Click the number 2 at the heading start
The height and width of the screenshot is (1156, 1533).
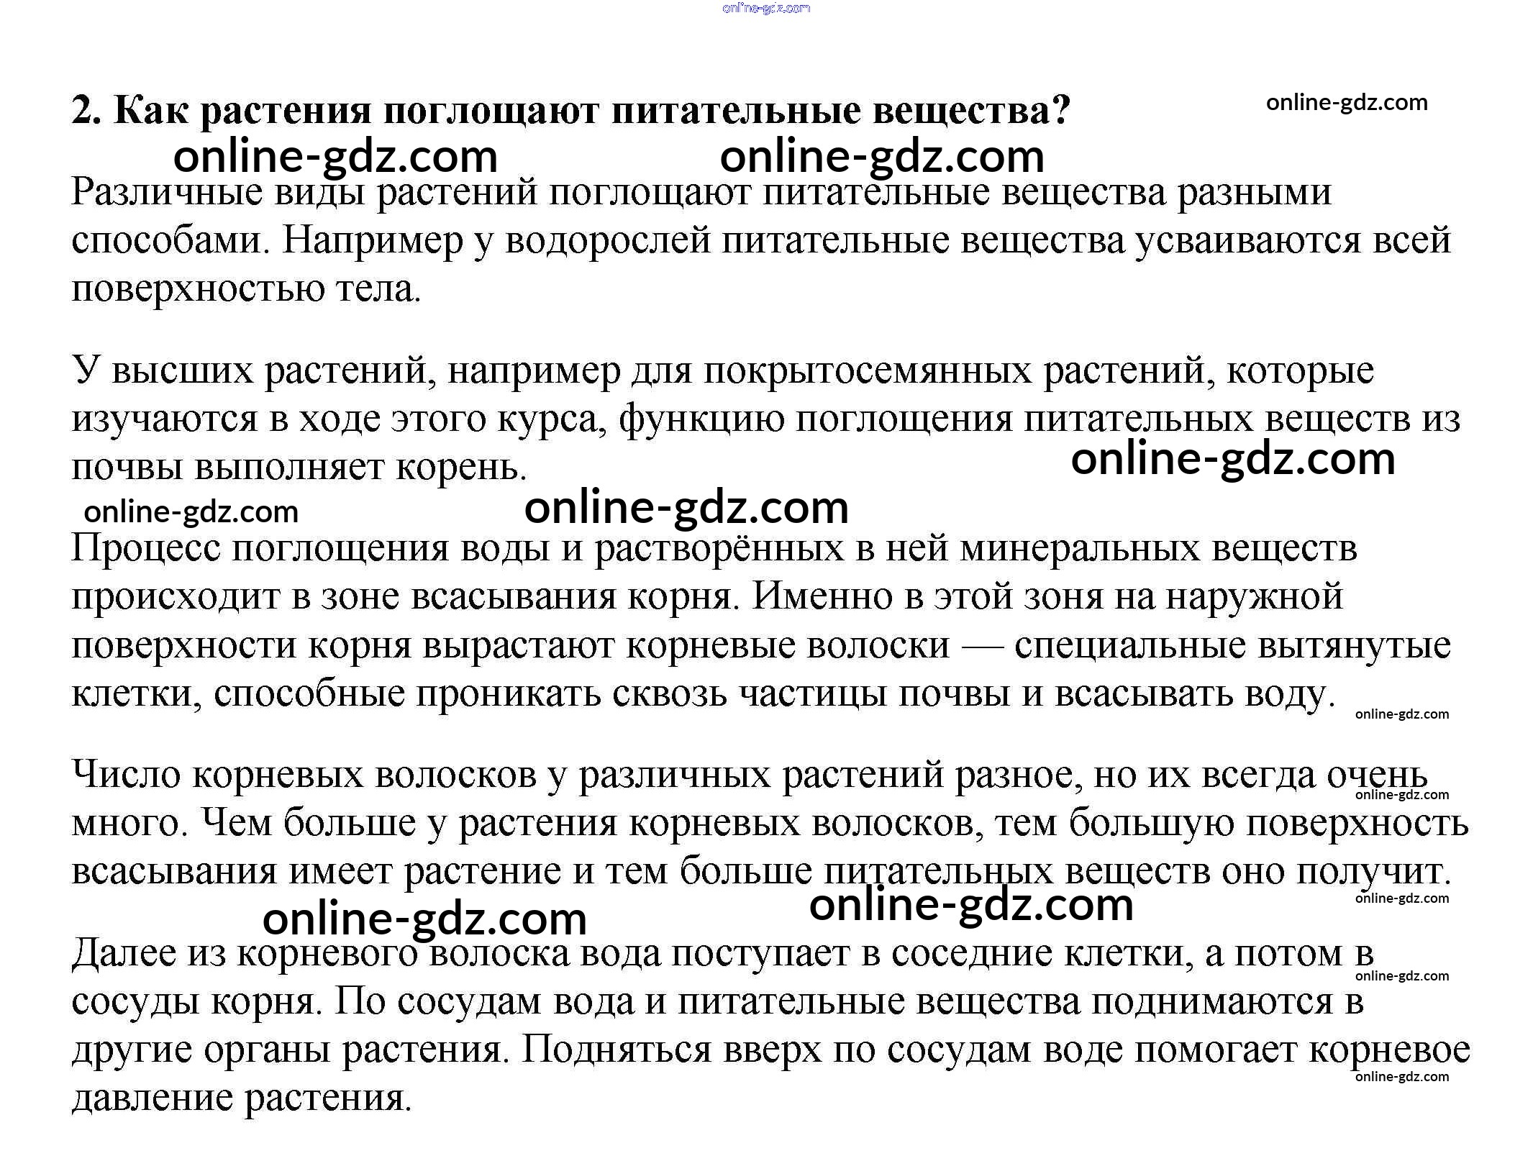[x=85, y=110]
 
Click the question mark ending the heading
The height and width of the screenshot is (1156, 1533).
[x=1060, y=110]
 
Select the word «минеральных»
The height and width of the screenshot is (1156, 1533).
[x=1080, y=548]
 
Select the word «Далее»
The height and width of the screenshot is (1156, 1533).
[x=124, y=953]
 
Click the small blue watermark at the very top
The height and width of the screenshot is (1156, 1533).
[x=766, y=8]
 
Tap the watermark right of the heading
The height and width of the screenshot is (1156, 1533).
[x=1347, y=103]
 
